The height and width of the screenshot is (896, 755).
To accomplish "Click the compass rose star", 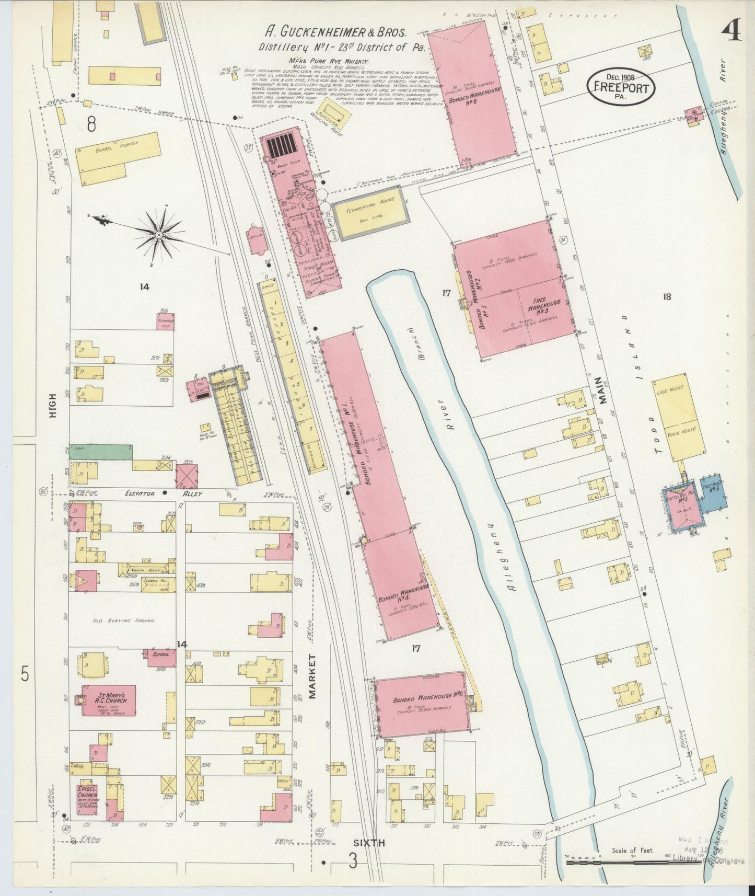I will (159, 235).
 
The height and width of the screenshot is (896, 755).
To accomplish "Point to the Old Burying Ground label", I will (124, 621).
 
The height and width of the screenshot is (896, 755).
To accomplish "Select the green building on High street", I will (100, 452).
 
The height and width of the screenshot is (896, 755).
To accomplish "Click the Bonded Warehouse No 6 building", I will (421, 704).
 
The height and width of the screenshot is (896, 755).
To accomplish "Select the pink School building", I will (161, 657).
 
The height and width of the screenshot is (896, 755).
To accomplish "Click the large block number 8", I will (92, 124).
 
